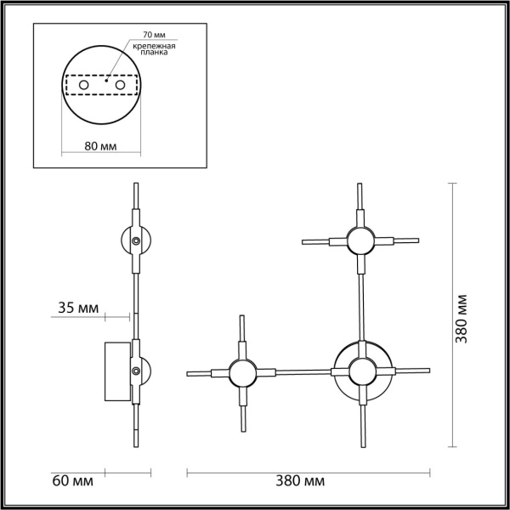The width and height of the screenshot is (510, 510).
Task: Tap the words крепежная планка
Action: pos(158,50)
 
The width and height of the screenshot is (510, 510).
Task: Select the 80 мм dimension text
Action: pos(101,145)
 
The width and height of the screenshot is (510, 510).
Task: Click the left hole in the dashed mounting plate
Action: pos(83,86)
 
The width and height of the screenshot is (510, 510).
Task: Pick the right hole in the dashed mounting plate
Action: pos(121,86)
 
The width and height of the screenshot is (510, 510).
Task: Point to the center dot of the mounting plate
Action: pos(104,82)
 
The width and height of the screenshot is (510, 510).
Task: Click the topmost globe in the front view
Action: pos(360,241)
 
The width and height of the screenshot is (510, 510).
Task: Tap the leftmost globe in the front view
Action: pos(239,372)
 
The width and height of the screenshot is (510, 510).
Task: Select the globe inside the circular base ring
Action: pos(362,371)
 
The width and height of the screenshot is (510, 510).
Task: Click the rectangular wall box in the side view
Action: pos(118,371)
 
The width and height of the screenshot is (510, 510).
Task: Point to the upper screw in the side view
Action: pos(136,242)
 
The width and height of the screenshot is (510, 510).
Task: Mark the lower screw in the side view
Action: pos(136,371)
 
